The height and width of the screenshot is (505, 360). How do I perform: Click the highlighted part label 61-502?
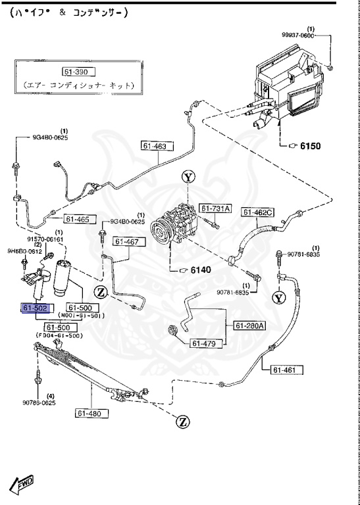pyautogui.click(x=36, y=308)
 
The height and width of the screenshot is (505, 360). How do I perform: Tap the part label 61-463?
pyautogui.click(x=153, y=146)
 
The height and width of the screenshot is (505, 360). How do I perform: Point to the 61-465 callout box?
pyautogui.click(x=78, y=219)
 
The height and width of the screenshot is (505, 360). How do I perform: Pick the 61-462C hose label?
pyautogui.click(x=257, y=212)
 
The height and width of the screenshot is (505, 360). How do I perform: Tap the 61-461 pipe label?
pyautogui.click(x=286, y=370)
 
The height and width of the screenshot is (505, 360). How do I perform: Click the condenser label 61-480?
pyautogui.click(x=90, y=413)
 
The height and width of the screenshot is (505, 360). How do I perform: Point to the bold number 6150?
pyautogui.click(x=310, y=146)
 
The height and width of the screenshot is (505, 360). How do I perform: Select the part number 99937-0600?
pyautogui.click(x=297, y=36)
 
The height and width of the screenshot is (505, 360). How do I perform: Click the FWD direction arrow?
pyautogui.click(x=22, y=485)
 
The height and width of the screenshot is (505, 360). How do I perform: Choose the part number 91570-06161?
pyautogui.click(x=45, y=239)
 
